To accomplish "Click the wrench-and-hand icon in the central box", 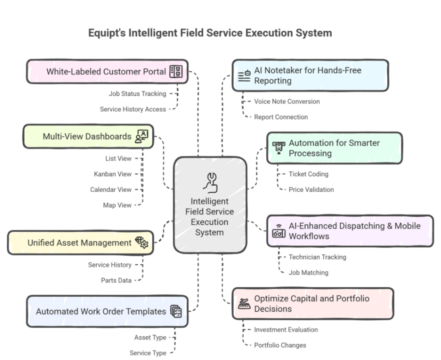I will (x=211, y=182).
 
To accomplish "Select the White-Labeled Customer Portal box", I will (x=107, y=72).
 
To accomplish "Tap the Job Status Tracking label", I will (x=137, y=94).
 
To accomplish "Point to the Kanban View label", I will (x=113, y=174).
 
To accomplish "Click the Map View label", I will (x=117, y=205).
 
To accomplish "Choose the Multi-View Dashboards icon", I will (x=142, y=137).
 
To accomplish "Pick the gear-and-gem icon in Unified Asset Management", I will (x=142, y=242).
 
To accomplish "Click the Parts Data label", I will (x=116, y=280).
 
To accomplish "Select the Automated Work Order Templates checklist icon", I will (x=176, y=311).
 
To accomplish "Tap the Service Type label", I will (x=148, y=353).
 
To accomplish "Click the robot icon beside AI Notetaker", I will (x=244, y=76).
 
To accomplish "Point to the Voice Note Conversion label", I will (x=287, y=102).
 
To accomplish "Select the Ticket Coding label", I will (x=308, y=174).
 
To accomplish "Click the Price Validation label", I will (x=311, y=190).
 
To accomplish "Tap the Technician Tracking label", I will (x=317, y=257).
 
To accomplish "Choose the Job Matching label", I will (x=308, y=272).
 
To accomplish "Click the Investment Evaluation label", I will (x=286, y=330).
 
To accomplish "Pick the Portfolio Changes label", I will (x=280, y=345).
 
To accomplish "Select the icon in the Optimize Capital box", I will (x=244, y=304).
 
